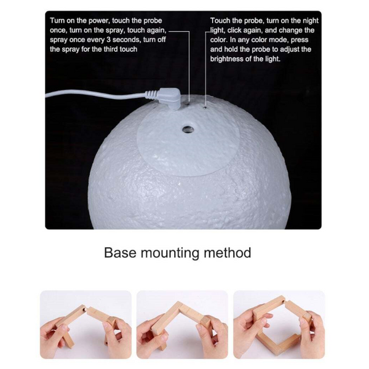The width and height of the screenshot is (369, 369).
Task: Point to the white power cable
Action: pyautogui.click(x=92, y=93)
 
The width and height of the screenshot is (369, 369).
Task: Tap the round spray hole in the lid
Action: pyautogui.click(x=186, y=129)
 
